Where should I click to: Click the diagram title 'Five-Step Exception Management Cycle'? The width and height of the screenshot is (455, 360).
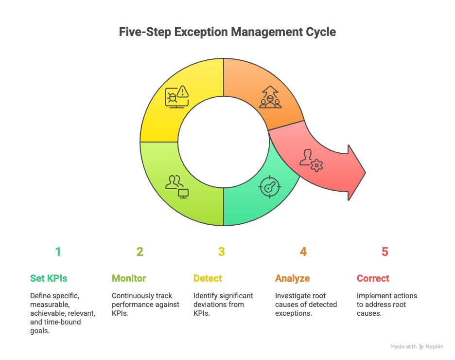point(227,32)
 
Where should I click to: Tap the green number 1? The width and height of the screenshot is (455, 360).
point(58,252)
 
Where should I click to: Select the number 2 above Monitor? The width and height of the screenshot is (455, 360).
point(140,252)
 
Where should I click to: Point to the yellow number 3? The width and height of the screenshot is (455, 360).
point(222,252)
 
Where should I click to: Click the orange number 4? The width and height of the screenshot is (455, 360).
point(303,252)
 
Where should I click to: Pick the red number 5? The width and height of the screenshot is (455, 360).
point(385,252)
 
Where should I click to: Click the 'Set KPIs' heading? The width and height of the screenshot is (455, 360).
point(49,279)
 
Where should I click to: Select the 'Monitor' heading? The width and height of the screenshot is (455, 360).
point(129,279)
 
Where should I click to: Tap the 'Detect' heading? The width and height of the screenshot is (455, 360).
point(208,279)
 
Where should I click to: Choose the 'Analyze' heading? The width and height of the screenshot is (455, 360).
point(292,279)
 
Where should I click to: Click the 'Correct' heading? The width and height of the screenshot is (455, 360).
point(373,279)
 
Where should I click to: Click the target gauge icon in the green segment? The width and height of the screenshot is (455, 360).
point(270,187)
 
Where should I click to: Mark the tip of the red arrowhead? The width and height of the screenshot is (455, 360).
point(365,172)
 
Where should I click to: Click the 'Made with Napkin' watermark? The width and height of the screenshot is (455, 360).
point(417,347)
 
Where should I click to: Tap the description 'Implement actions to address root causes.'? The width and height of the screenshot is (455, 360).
point(386,305)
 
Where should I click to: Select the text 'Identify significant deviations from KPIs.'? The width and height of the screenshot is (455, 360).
point(223,305)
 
